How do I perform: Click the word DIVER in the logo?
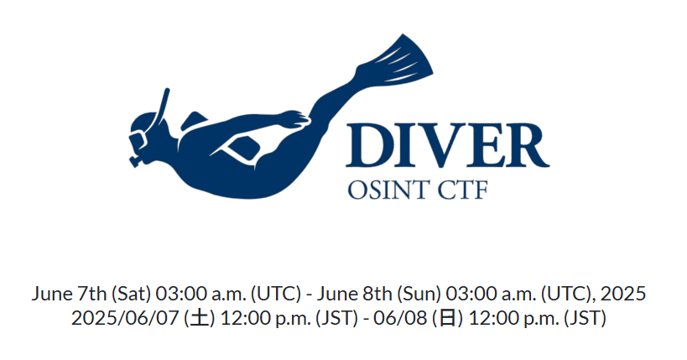(x=448, y=144)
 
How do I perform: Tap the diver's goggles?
(x=138, y=140)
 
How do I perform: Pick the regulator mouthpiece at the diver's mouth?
(x=135, y=160)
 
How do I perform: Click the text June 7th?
(x=69, y=294)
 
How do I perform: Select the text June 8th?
(x=355, y=294)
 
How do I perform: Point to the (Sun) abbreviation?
(x=419, y=294)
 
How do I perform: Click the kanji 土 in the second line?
(x=200, y=318)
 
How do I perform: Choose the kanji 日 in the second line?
(x=448, y=318)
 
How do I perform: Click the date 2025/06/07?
(x=125, y=318)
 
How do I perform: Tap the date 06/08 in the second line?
(x=400, y=318)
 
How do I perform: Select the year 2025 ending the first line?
(x=622, y=294)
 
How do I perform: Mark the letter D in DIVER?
(x=368, y=145)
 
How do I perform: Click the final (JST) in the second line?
(x=585, y=318)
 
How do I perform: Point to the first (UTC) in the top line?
(x=276, y=294)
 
